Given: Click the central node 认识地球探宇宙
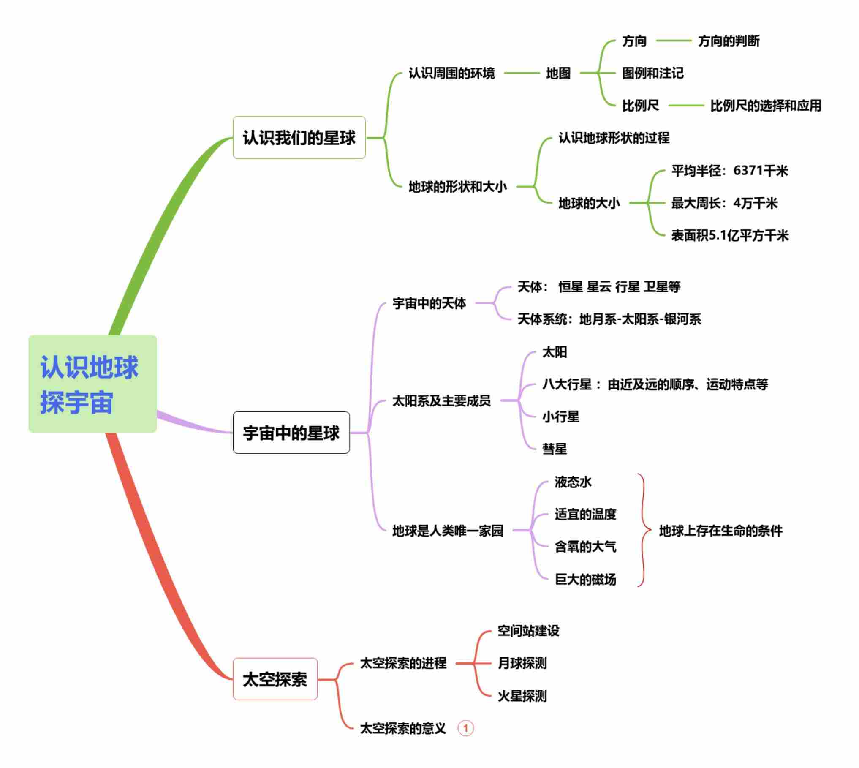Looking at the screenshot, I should tap(92, 384).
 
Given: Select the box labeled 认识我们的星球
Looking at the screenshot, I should tap(299, 138).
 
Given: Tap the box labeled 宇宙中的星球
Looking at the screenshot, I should tap(291, 433).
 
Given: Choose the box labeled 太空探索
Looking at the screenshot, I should tap(275, 679).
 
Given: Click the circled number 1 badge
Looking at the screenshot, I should tap(465, 728).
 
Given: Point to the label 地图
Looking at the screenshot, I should tap(558, 74).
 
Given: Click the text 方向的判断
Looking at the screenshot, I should tap(729, 41).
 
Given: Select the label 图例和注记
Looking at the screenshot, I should tap(652, 74).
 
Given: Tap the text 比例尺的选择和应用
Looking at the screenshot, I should tap(765, 106).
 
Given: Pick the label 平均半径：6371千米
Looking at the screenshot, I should tap(729, 171).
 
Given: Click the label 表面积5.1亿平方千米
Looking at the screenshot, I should tap(729, 235).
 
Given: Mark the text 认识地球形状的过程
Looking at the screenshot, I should tap(614, 138).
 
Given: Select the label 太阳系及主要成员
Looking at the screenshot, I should tap(441, 400).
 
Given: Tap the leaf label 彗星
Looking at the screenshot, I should tap(554, 449).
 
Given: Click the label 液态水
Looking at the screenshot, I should tap(573, 482).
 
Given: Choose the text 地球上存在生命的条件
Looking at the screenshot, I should tap(720, 531).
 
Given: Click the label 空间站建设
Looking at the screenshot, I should tap(528, 631).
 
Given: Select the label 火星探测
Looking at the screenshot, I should tap(522, 696).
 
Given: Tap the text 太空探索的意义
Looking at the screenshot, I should tap(403, 728).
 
